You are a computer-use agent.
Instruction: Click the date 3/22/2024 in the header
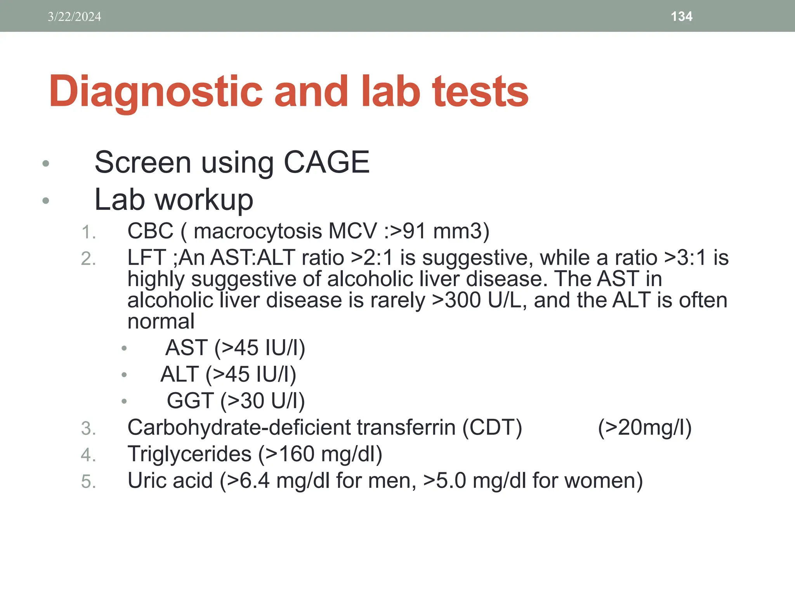74,17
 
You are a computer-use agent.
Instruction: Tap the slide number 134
681,16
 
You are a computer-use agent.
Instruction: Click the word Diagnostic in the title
155,92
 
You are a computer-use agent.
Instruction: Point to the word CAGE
326,162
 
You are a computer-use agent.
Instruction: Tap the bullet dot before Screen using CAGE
46,163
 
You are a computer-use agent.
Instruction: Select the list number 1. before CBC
88,232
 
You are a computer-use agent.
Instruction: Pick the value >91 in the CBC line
408,231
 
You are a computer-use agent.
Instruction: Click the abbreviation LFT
147,258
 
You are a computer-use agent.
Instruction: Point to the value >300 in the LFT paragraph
457,300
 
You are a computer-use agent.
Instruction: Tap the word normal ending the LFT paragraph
161,321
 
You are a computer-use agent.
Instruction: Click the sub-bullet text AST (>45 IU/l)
235,347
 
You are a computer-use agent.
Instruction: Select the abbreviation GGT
190,401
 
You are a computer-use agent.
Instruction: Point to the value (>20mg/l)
644,428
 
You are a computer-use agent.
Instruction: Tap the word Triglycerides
189,454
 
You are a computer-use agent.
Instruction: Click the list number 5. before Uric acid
88,482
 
